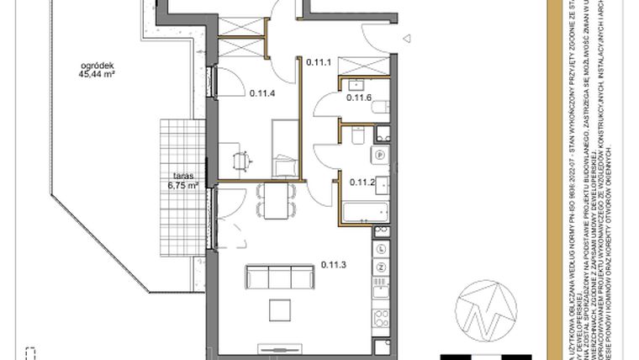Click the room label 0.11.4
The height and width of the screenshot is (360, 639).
262,93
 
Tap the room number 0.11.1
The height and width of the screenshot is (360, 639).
319,61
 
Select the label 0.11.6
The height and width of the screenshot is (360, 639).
359,98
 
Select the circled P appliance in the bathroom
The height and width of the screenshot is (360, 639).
380,155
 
